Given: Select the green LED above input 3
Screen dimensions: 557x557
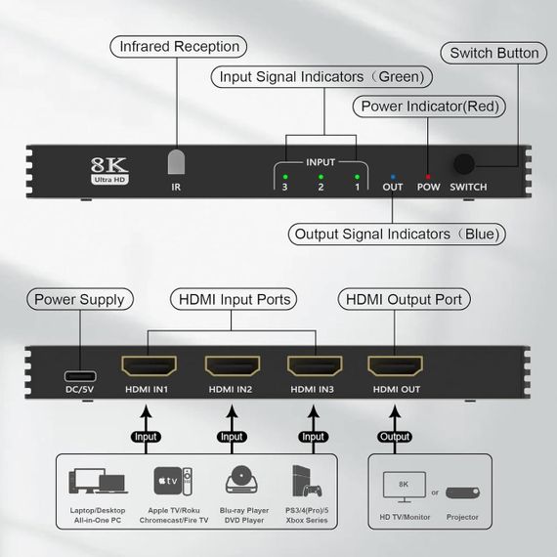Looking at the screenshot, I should click(284, 176).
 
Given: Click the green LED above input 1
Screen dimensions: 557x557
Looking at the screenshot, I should click(357, 176).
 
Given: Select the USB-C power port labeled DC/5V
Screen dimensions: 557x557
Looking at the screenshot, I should click(78, 375).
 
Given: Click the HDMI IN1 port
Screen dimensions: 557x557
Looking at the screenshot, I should click(149, 368).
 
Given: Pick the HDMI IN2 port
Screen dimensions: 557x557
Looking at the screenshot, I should click(232, 368).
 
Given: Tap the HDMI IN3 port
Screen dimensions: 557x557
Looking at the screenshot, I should click(314, 368).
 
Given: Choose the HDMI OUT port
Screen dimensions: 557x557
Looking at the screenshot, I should click(396, 368).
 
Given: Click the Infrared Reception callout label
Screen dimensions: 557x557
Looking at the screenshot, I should click(179, 46).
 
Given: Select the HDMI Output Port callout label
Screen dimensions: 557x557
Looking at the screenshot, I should click(404, 299).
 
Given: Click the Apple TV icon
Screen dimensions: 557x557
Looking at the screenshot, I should click(167, 481).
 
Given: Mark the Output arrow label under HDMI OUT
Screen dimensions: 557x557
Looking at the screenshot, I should click(395, 437).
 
